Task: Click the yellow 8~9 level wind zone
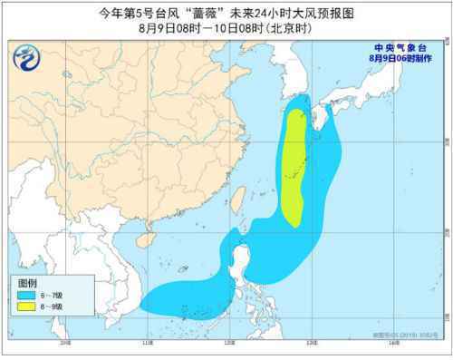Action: pyautogui.click(x=294, y=163)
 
